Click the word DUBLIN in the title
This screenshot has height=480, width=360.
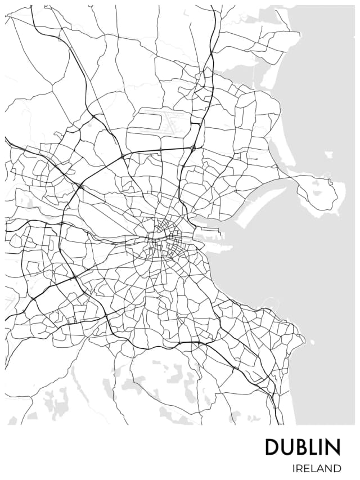303,447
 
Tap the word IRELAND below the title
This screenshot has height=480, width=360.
316,468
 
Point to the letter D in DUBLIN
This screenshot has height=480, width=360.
272,447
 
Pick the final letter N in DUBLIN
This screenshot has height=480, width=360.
333,447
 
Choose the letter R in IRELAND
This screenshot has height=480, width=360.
298,468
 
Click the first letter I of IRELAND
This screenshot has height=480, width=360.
293,468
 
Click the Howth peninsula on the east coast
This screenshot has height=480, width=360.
318,191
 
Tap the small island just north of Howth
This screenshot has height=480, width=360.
328,154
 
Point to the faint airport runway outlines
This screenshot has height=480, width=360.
163,121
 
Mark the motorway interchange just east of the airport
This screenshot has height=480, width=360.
193,149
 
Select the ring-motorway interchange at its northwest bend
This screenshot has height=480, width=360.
80,186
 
